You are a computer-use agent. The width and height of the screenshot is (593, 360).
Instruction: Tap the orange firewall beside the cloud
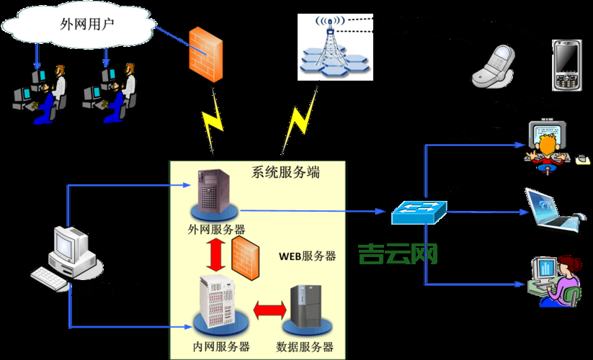point(205,53)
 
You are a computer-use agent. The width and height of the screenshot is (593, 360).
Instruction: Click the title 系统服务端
point(285,173)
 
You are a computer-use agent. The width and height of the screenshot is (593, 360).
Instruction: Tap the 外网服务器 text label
point(216,229)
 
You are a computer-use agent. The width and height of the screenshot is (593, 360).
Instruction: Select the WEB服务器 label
point(308,256)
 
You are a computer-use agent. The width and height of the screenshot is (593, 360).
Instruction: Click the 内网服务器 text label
point(221,346)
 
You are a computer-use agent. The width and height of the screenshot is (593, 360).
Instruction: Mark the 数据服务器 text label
point(305,346)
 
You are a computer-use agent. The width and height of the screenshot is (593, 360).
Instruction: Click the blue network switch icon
point(419,211)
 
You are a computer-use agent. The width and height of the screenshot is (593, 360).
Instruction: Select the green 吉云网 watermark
point(398,253)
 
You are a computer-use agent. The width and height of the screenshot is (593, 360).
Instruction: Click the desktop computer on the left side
point(68,256)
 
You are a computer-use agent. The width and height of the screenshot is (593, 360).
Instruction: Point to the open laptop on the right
point(551,211)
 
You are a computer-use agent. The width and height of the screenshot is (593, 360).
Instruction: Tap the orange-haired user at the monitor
point(548,144)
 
